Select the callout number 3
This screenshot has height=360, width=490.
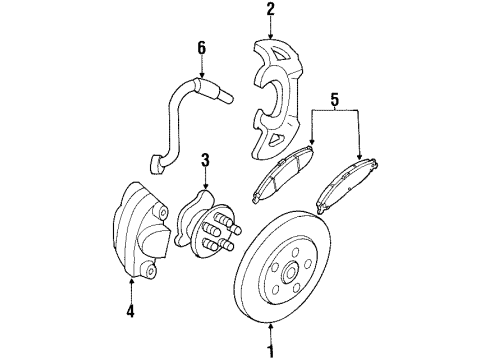[204, 159]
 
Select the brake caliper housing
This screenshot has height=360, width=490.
[137, 229]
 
